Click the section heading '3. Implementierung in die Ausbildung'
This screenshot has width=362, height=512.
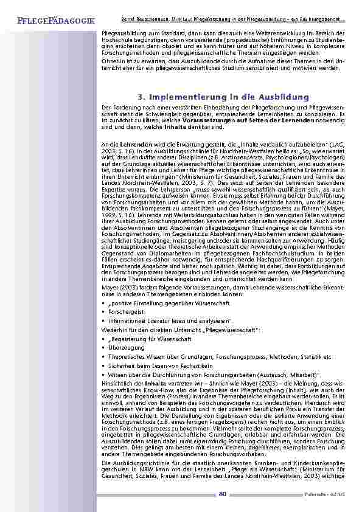[x=223, y=97]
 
